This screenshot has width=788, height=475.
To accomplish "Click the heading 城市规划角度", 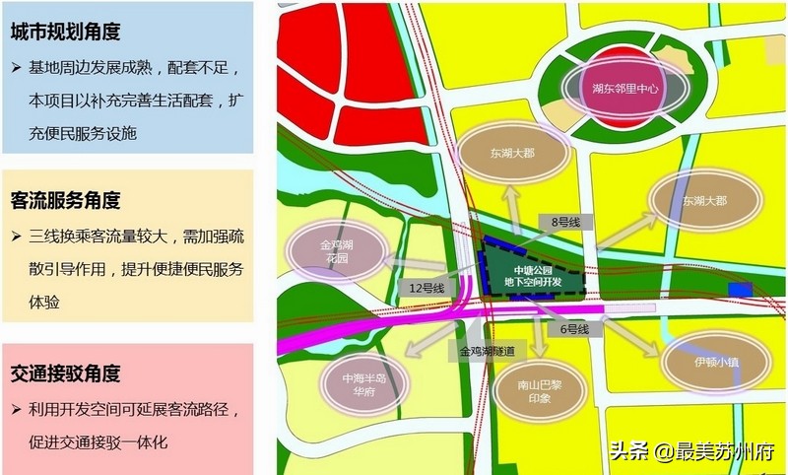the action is [x=66, y=32].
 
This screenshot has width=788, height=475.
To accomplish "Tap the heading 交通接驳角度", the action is [x=66, y=373].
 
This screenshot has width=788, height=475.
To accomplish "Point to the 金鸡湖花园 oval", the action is [x=335, y=250].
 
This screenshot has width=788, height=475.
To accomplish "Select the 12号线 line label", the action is [x=427, y=288].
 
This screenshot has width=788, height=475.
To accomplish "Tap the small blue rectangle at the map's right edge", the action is [x=739, y=288].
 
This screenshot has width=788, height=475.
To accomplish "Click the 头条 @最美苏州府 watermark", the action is [x=692, y=452].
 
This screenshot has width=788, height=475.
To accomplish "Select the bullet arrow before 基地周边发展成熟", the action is [x=17, y=70].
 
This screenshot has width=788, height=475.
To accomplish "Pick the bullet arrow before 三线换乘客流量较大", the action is [x=17, y=237].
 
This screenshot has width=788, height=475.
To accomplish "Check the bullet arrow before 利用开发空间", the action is [x=17, y=409].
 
